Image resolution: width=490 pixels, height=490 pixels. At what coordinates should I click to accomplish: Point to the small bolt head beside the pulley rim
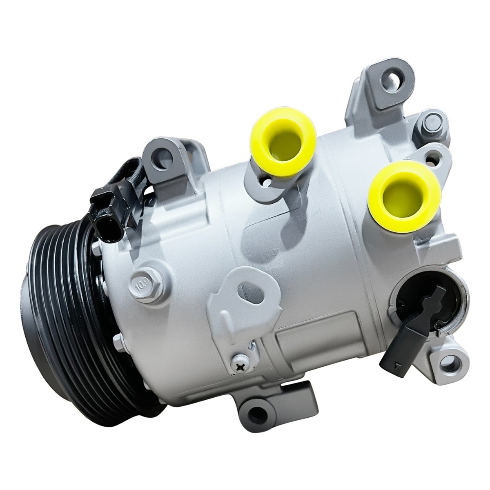click(95, 247)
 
